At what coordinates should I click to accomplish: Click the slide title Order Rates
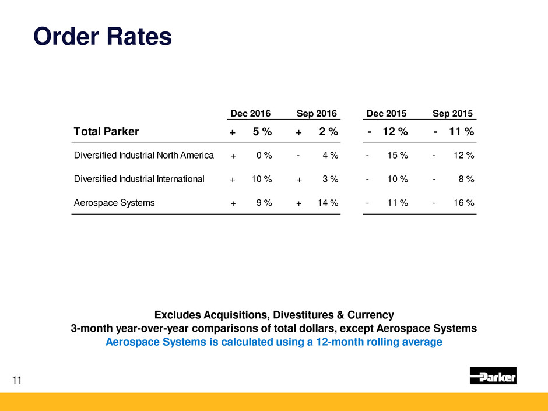point(103,37)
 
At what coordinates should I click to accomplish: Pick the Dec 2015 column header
point(387,113)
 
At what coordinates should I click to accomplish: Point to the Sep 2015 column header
point(453,113)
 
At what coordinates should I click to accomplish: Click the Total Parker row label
point(106,132)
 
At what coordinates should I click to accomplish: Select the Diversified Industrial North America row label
point(144,156)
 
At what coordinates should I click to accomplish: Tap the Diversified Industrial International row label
point(139,180)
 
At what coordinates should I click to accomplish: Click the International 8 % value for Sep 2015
point(465,180)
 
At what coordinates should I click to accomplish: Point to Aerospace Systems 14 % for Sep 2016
point(328,203)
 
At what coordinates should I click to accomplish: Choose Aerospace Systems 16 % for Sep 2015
point(462,203)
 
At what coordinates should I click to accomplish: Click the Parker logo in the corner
point(493,376)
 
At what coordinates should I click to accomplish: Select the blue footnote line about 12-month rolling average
point(274,342)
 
